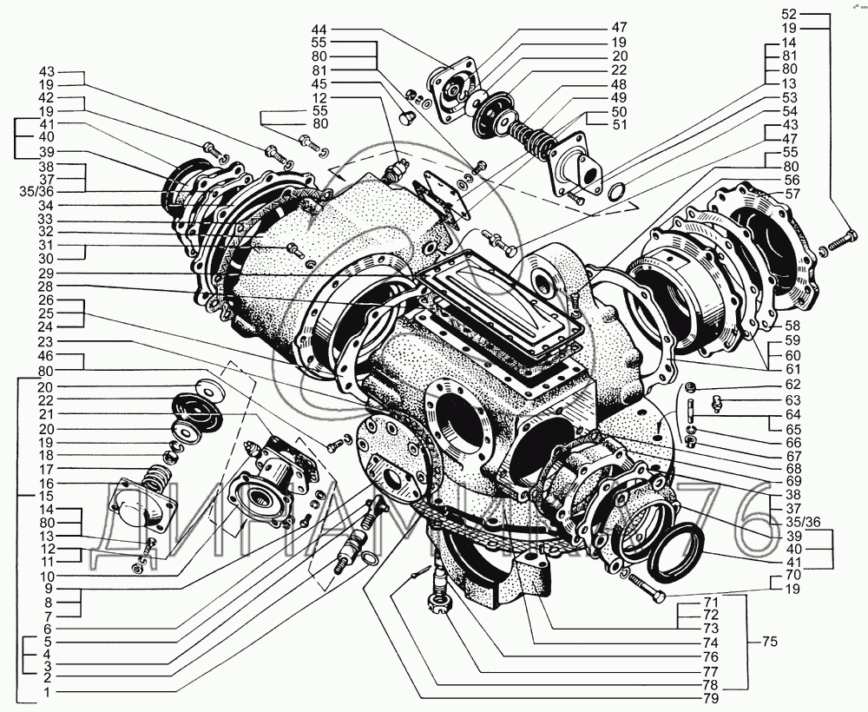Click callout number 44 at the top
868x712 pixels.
coord(319,29)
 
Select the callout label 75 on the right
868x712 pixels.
coord(769,643)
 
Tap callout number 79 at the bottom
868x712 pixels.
coord(712,697)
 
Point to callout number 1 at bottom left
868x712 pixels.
coord(48,692)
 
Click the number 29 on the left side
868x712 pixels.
coord(47,274)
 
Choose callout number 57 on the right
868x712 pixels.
coord(792,194)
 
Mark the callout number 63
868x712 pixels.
coord(792,399)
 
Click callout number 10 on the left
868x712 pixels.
coord(47,576)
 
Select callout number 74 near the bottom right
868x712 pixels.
coord(712,643)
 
